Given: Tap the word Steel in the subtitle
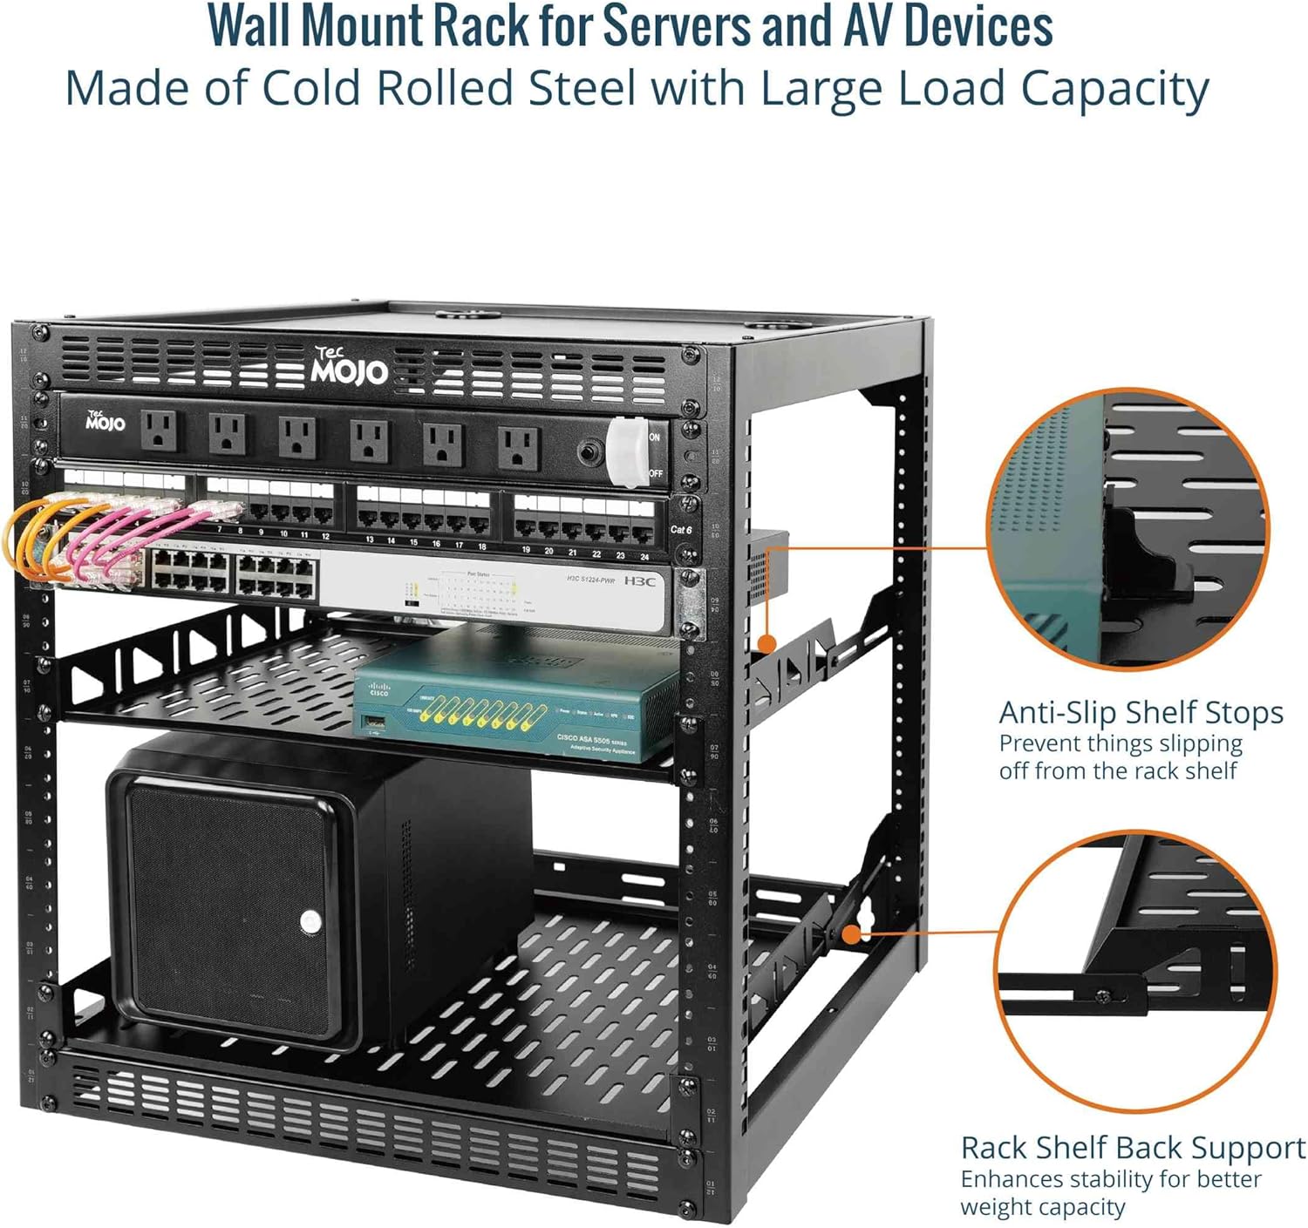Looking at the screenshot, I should [568, 88].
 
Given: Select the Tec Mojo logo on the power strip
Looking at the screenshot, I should [106, 422].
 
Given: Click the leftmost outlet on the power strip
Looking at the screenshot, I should [160, 430].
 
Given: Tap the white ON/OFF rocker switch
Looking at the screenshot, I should [627, 451].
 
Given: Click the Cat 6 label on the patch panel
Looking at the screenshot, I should [681, 529].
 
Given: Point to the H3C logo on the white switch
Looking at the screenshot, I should [639, 580].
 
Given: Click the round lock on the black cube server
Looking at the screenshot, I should [310, 921].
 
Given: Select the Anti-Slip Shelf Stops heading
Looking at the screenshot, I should [1141, 713].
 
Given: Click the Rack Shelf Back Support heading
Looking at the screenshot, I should [1133, 1148].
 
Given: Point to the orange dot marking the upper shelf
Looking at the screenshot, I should [766, 644].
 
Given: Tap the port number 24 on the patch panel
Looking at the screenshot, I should [644, 555].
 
